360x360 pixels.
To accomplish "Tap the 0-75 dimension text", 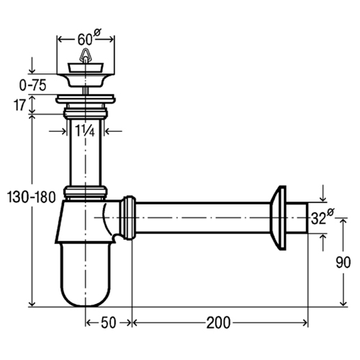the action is click(x=32, y=85).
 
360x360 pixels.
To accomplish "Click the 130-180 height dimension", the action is click(x=32, y=197).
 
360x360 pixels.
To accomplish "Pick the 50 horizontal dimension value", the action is click(x=109, y=323).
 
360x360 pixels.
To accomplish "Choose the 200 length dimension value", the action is click(x=218, y=323).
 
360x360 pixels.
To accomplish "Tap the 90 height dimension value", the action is click(x=343, y=262).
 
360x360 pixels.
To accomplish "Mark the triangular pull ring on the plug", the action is click(x=84, y=55).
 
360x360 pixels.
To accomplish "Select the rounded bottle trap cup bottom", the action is click(x=86, y=275).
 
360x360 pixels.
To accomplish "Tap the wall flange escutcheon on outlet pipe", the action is click(x=279, y=217).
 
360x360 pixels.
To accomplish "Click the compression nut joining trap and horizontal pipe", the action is click(x=127, y=217).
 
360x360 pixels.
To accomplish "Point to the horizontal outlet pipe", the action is click(x=203, y=217).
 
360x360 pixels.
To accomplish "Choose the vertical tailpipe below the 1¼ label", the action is click(x=85, y=153).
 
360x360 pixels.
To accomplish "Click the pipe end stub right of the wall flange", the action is click(x=297, y=217).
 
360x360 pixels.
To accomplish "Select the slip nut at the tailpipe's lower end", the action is click(x=85, y=192).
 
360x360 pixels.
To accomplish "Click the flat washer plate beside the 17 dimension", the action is click(x=86, y=99).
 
